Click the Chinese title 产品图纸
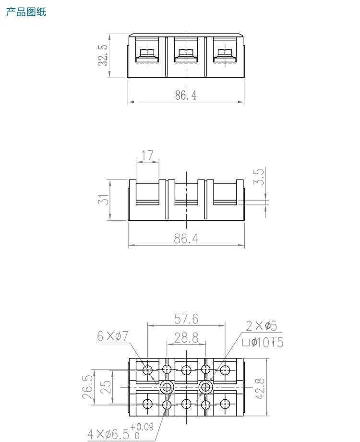point(26,12)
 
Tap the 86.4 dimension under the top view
point(186,95)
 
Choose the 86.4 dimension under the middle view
point(186,239)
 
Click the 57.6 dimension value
point(186,319)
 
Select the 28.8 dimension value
point(186,338)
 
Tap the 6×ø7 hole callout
point(113,336)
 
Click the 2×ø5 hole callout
point(261,326)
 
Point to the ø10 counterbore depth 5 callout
point(263,343)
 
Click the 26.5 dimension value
point(87,387)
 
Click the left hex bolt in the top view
point(147,53)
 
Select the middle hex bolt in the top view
point(186,53)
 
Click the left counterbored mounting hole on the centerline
point(167,387)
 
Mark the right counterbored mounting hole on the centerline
point(205,387)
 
